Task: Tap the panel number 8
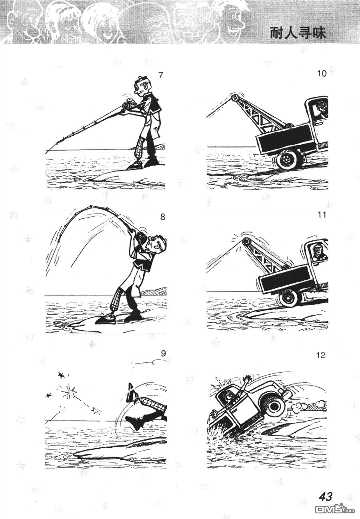point(162,218)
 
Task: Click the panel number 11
point(321,215)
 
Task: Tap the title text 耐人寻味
point(298,34)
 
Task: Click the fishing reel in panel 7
point(128,104)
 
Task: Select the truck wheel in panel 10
point(288,160)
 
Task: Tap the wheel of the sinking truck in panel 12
point(274,405)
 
